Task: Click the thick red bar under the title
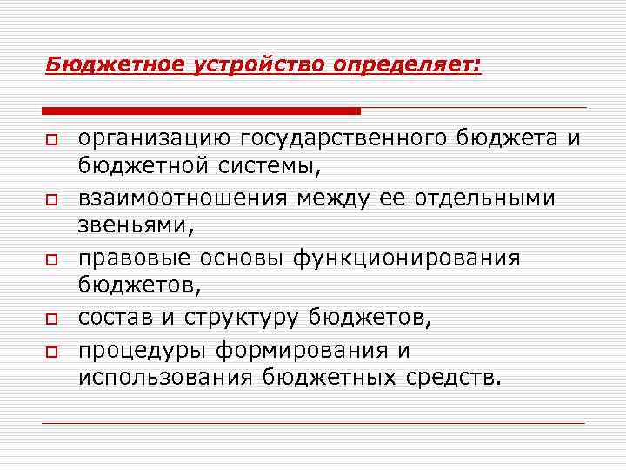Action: tap(201, 111)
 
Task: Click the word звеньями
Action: tap(131, 225)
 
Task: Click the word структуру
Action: tap(242, 317)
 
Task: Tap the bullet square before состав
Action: tap(53, 319)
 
